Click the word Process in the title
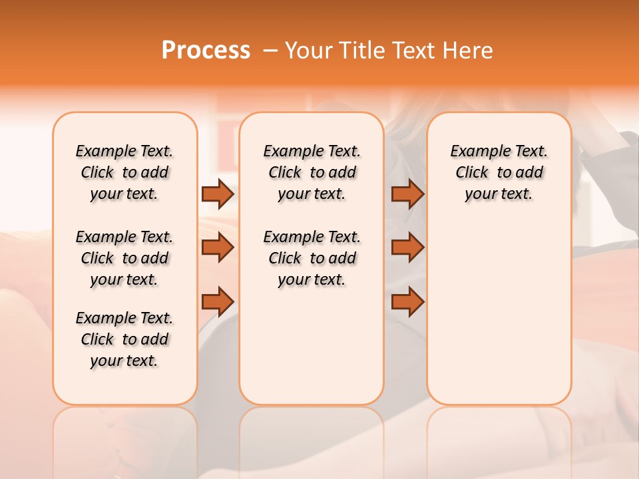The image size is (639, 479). pyautogui.click(x=206, y=51)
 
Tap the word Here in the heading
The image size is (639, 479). pyautogui.click(x=469, y=51)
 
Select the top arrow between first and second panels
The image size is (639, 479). pyautogui.click(x=217, y=194)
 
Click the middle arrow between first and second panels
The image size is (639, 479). pyautogui.click(x=217, y=247)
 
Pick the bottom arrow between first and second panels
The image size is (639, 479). pyautogui.click(x=217, y=301)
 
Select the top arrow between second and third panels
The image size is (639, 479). pyautogui.click(x=407, y=194)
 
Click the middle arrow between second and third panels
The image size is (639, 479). pyautogui.click(x=407, y=247)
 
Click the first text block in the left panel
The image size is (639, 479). pyautogui.click(x=124, y=172)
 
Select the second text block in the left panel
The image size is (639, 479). pyautogui.click(x=124, y=258)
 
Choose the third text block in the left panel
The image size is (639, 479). pyautogui.click(x=124, y=339)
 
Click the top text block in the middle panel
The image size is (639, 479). pyautogui.click(x=312, y=172)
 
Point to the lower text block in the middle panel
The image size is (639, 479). pyautogui.click(x=312, y=258)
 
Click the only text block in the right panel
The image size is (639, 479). pyautogui.click(x=499, y=172)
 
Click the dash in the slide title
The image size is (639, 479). pyautogui.click(x=270, y=51)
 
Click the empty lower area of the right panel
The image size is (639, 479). pyautogui.click(x=499, y=313)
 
